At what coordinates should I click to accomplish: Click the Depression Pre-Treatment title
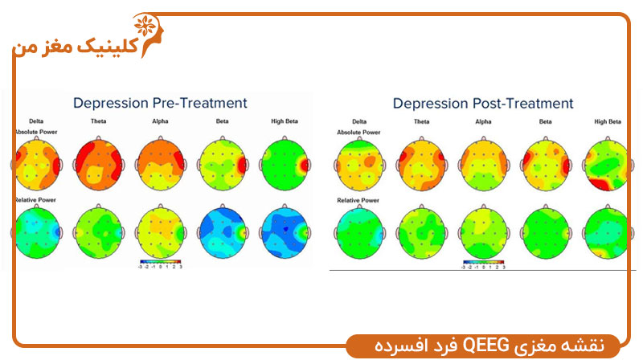pyautogui.click(x=160, y=103)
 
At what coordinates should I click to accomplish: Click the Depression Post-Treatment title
pyautogui.click(x=483, y=104)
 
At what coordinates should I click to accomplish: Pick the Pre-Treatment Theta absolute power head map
pyautogui.click(x=100, y=159)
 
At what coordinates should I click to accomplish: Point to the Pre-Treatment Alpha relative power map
pyautogui.click(x=162, y=229)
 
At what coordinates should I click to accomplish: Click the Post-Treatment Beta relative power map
pyautogui.click(x=544, y=232)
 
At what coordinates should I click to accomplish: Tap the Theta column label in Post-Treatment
pyautogui.click(x=421, y=122)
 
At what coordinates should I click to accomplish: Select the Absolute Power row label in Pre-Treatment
pyautogui.click(x=34, y=130)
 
